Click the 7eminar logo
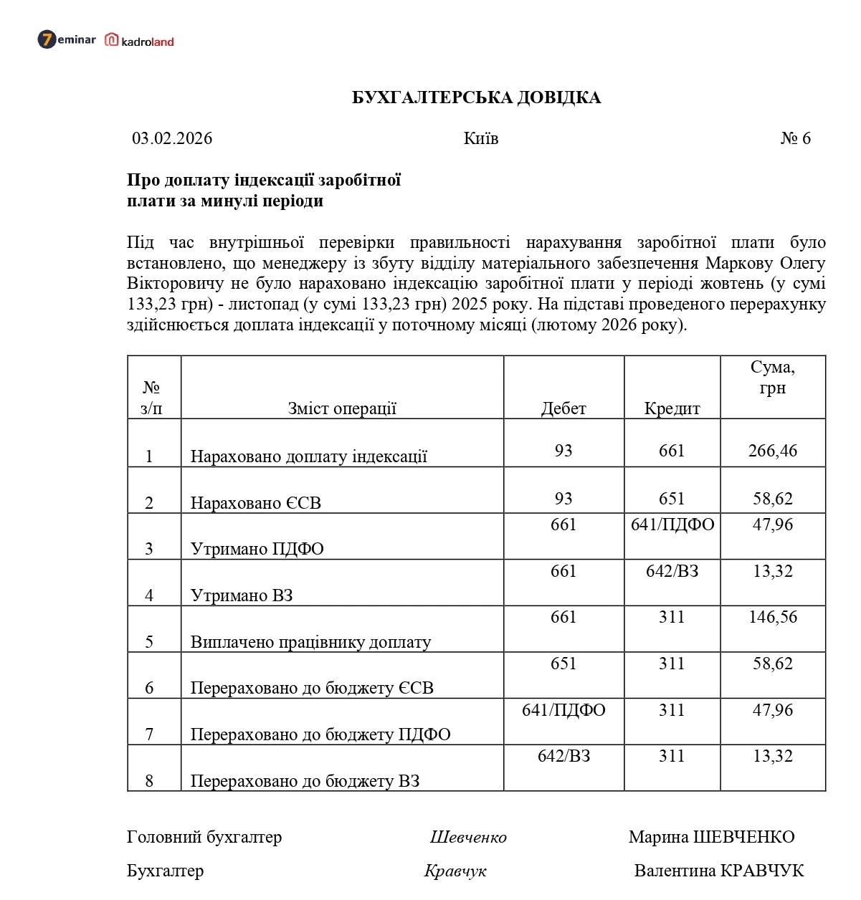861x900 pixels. (66, 39)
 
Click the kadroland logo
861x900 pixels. (140, 41)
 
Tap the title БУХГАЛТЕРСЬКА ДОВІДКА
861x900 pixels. (476, 98)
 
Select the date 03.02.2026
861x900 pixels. (172, 138)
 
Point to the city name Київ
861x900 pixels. (480, 138)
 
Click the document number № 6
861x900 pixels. (795, 138)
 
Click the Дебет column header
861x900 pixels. (563, 408)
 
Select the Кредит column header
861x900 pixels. (672, 408)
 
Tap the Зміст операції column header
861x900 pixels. (342, 408)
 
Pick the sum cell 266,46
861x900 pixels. (772, 451)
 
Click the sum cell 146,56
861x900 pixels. (772, 617)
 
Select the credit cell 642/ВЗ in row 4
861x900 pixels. (672, 571)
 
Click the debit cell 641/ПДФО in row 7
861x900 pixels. (563, 710)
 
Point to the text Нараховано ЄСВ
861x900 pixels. (255, 503)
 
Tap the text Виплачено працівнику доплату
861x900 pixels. (310, 642)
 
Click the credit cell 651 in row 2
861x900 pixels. (672, 499)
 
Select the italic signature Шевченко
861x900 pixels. (468, 837)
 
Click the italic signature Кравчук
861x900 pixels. (455, 871)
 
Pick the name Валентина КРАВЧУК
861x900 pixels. (718, 871)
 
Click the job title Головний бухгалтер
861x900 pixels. (204, 837)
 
